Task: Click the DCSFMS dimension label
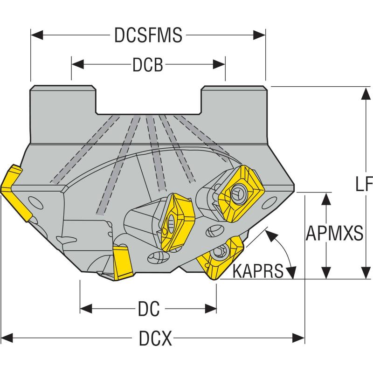tap(148, 35)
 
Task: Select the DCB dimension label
tap(148, 65)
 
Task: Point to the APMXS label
tap(334, 234)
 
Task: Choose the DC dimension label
tap(149, 309)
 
